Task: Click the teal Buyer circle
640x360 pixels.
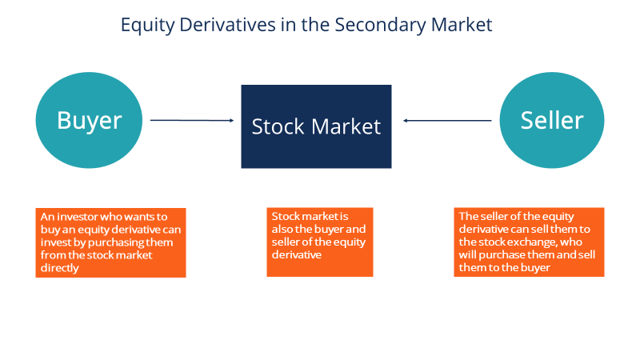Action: [89, 121]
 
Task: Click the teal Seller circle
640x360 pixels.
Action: [551, 121]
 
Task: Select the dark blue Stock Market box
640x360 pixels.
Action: [316, 126]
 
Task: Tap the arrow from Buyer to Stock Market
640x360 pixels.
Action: [192, 120]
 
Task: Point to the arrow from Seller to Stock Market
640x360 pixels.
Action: [447, 121]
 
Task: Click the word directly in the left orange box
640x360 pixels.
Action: [59, 268]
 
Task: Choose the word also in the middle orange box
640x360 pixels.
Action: [284, 230]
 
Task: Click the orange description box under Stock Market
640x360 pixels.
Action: [319, 242]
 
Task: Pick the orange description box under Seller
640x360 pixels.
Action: [529, 242]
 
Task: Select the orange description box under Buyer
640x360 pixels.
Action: [111, 242]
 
